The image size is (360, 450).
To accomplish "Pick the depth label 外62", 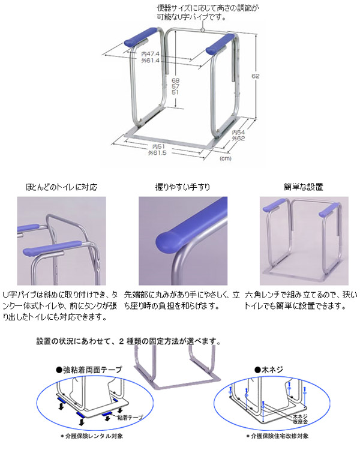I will [238, 139].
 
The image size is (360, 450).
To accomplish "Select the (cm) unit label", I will [226, 158].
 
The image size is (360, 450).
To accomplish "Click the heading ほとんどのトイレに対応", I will [62, 187].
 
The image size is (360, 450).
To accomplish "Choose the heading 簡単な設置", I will [299, 187].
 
